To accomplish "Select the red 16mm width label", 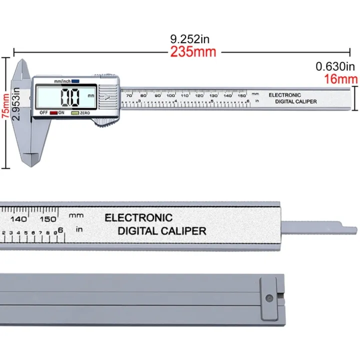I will tap(341, 78).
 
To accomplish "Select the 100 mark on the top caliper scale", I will tap(171, 95).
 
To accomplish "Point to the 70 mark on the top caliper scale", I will tap(129, 95).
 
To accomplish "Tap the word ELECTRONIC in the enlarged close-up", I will tap(138, 218).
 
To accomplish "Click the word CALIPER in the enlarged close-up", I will tap(183, 231).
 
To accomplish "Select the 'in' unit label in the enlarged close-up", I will tap(78, 229).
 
